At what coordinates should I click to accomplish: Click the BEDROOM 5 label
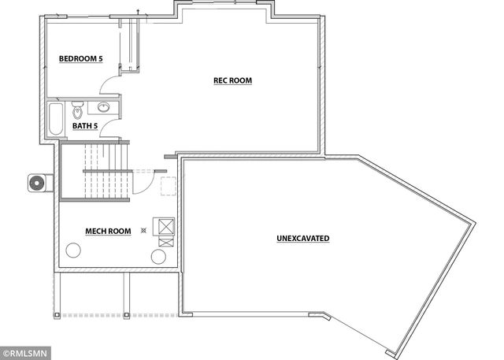82,58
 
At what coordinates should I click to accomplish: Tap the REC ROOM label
232,80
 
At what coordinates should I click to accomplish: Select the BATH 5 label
85,125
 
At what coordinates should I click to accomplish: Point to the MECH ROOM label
108,232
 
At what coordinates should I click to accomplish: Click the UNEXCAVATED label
302,238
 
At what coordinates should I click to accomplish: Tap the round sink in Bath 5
104,108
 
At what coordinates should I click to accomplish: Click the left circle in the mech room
73,251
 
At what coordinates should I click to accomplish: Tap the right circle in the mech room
158,258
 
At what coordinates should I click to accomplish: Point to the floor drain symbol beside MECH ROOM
143,231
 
